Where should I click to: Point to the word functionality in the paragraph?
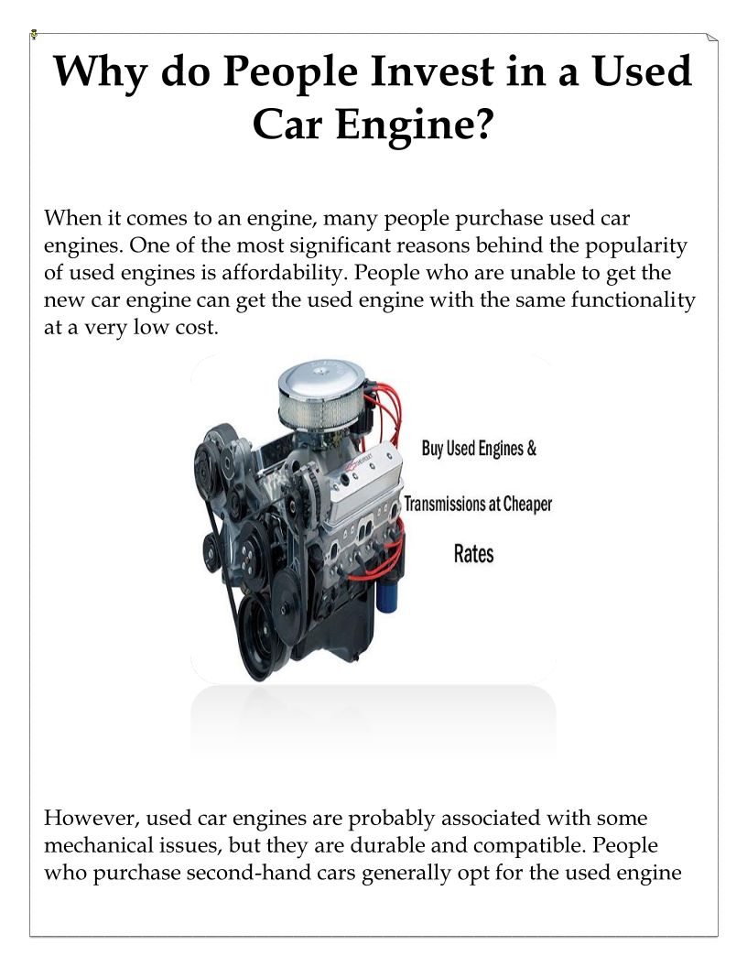coord(633,300)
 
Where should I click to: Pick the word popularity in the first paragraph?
coord(635,246)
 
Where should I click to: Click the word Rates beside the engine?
coord(474,554)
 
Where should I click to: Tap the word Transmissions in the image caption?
coord(444,504)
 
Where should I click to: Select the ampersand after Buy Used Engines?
coord(531,449)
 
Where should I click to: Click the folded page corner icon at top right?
coord(712,38)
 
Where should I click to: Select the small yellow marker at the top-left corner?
coord(35,34)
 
